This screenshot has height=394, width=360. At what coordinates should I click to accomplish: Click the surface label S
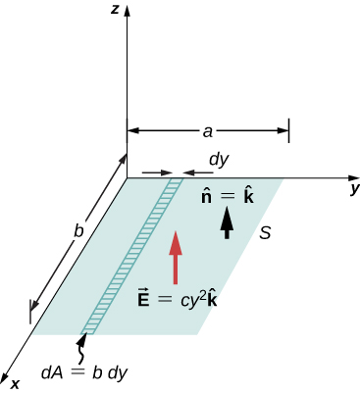(265, 233)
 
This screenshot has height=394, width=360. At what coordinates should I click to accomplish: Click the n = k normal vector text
(227, 196)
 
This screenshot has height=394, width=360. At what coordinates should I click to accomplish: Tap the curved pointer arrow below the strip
(82, 346)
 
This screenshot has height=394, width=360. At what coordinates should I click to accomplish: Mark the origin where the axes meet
(128, 178)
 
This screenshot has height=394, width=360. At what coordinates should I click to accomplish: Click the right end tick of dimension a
(288, 129)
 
